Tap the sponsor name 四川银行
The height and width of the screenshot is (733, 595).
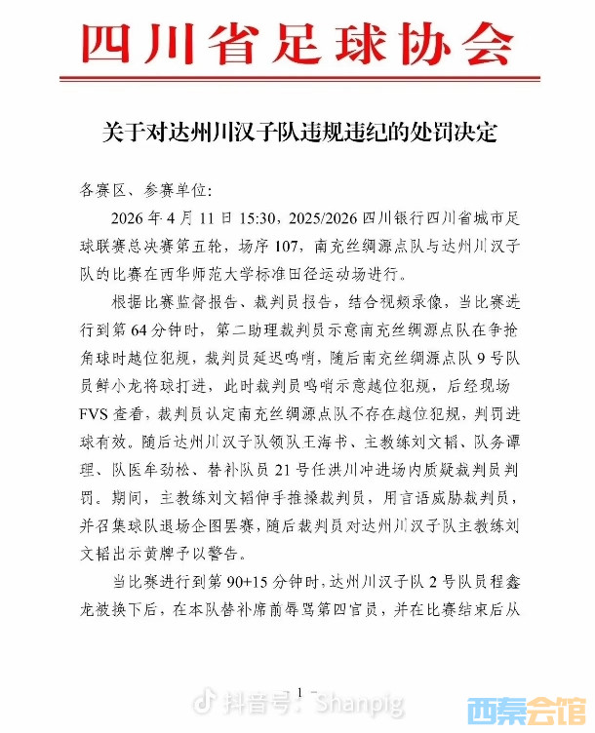396,216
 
